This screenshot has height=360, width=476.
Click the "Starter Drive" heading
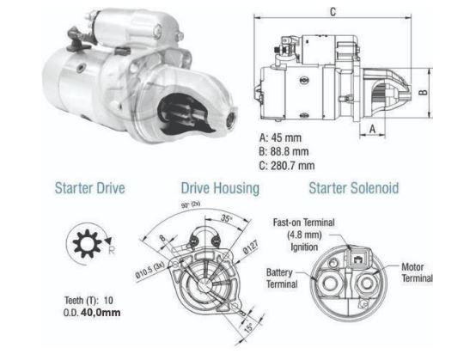point(88,187)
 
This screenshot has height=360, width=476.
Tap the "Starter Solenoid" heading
point(353,187)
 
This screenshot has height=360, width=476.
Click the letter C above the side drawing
point(332,11)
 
